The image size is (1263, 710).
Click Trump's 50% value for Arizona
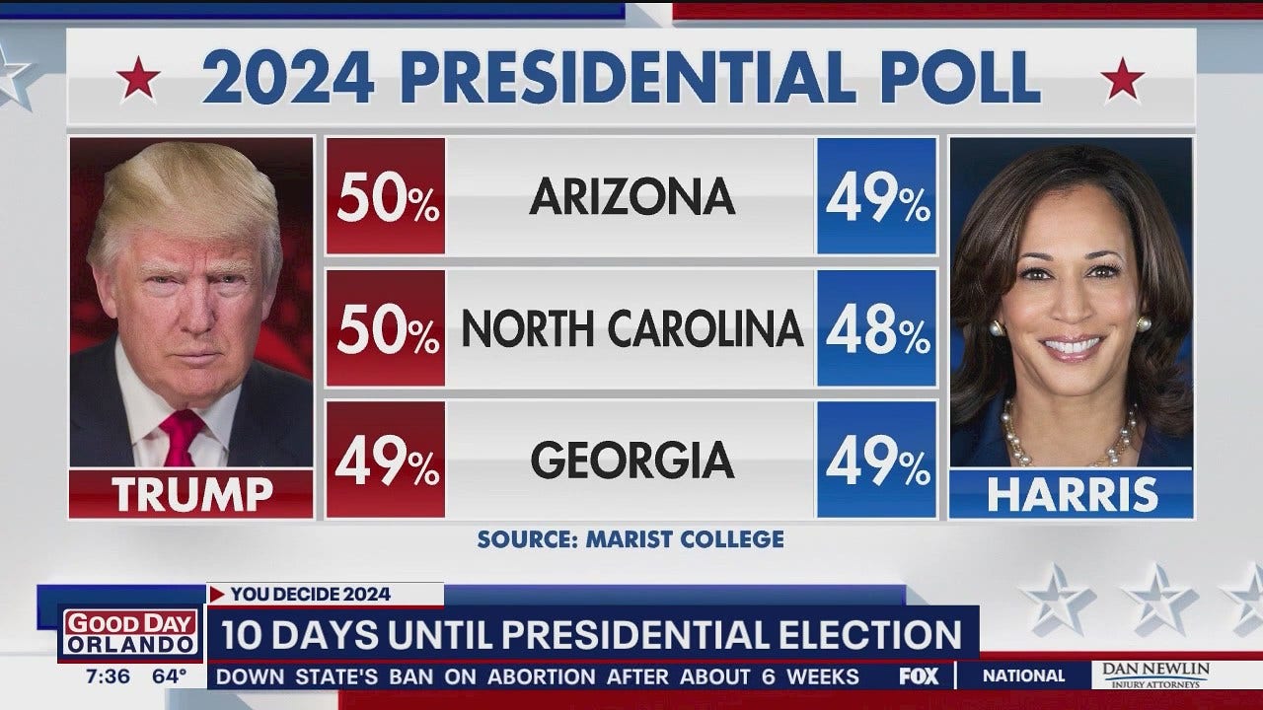pos(386,196)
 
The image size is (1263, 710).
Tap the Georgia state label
pos(631,460)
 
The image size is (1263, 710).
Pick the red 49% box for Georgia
pos(386,460)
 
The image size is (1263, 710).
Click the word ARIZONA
pos(631,196)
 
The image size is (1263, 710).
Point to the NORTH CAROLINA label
pos(631,328)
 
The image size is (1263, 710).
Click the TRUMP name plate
pos(191,494)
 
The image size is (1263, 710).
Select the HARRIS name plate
pos(1072,494)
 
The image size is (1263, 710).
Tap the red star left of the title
pos(138,79)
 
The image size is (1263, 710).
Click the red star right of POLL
pos(1123,79)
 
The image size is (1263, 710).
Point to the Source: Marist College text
pos(631,539)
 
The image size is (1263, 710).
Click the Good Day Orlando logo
pos(130,632)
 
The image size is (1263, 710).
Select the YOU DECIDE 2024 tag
pos(311,594)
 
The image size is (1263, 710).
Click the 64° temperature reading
pos(169,676)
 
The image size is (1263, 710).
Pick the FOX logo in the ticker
pos(919,676)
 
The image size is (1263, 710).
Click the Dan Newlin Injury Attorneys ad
pos(1154,675)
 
